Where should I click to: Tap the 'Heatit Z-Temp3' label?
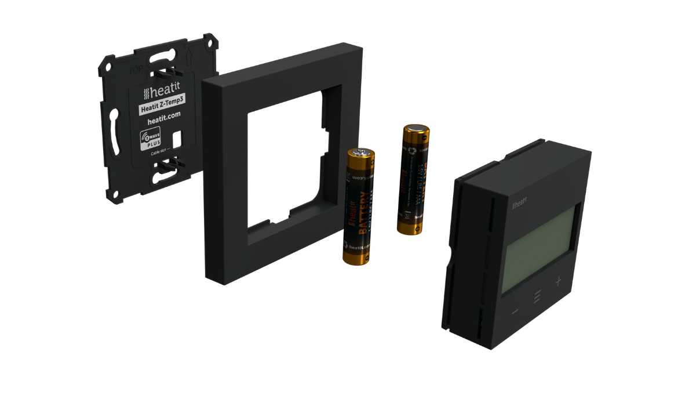click(162, 106)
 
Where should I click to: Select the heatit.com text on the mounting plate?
click(163, 119)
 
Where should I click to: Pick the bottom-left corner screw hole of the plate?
click(115, 193)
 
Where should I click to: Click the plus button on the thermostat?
click(558, 281)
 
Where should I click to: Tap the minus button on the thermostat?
click(515, 312)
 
